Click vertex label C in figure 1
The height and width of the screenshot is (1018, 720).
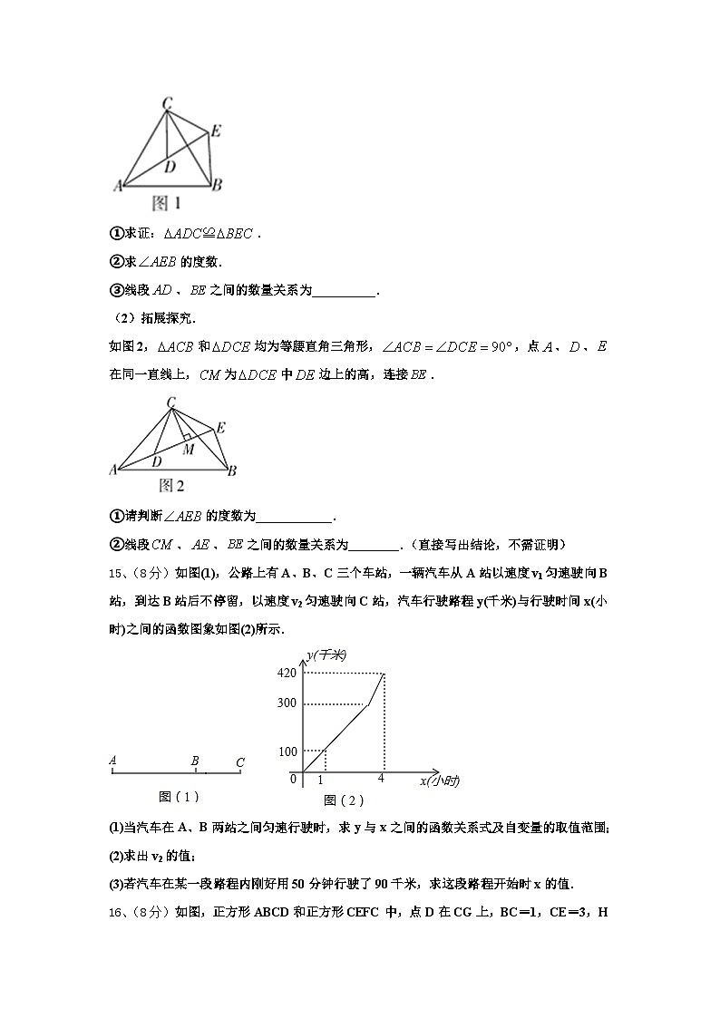pyautogui.click(x=168, y=104)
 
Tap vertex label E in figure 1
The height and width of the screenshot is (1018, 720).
pyautogui.click(x=215, y=131)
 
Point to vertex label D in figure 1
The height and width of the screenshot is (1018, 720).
pyautogui.click(x=170, y=166)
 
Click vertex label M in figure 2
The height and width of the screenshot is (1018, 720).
pyautogui.click(x=188, y=449)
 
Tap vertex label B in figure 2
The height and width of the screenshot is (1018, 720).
pyautogui.click(x=232, y=470)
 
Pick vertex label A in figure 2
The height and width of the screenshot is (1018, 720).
pyautogui.click(x=114, y=470)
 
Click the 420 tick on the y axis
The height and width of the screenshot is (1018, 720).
pyautogui.click(x=287, y=673)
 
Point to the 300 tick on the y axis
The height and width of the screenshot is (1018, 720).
pyautogui.click(x=287, y=703)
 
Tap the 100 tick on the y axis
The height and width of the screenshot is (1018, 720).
pyautogui.click(x=287, y=751)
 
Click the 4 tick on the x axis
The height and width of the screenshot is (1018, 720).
pyautogui.click(x=381, y=779)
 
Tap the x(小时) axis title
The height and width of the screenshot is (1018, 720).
pyautogui.click(x=440, y=781)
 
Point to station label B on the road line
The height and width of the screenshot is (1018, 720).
pyautogui.click(x=195, y=761)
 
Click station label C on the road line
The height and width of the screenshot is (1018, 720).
pyautogui.click(x=239, y=762)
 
